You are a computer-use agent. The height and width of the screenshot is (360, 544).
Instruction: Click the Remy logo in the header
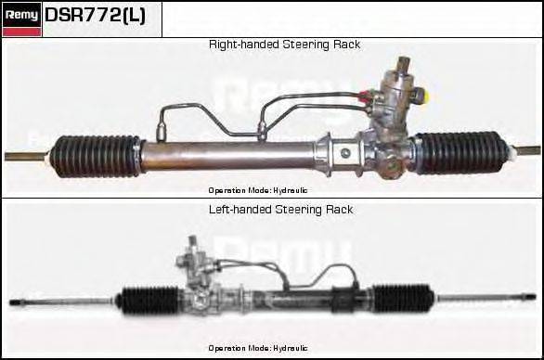click(22, 15)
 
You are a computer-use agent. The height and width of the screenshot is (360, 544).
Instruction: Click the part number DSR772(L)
click(95, 16)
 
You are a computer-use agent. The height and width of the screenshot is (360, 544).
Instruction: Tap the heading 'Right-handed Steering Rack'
click(284, 45)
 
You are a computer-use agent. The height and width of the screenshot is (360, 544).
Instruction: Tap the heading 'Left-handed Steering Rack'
click(280, 210)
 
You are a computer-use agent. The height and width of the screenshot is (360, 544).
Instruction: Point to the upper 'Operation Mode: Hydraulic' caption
click(258, 189)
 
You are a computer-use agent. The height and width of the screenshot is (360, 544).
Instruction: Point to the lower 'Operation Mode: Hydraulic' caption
click(258, 347)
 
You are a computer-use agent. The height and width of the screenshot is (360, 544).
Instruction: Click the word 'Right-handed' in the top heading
click(240, 45)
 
